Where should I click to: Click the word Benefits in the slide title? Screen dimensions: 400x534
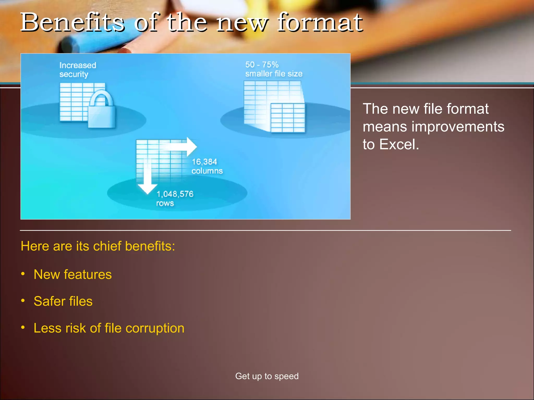72,23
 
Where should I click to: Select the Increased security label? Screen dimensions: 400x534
77,70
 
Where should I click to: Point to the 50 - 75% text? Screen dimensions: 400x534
262,65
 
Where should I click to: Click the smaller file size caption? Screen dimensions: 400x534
274,74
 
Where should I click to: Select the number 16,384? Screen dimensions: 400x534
204,162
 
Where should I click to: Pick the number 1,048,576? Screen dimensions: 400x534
175,194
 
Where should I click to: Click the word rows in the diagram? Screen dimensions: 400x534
165,203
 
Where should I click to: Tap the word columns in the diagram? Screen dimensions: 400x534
207,171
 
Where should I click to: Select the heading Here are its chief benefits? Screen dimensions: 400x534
98,246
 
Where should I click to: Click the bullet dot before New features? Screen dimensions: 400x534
23,274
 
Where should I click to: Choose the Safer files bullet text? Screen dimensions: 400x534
63,301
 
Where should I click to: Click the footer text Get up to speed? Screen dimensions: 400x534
267,376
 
